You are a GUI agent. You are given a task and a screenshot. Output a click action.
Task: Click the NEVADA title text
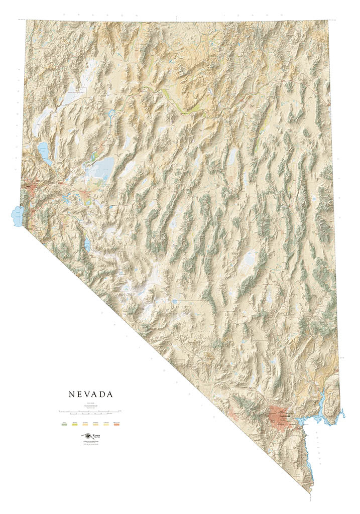(91, 395)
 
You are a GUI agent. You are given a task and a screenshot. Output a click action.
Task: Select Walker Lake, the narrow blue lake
(87, 244)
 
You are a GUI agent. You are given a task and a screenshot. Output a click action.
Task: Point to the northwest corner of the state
(27, 21)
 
